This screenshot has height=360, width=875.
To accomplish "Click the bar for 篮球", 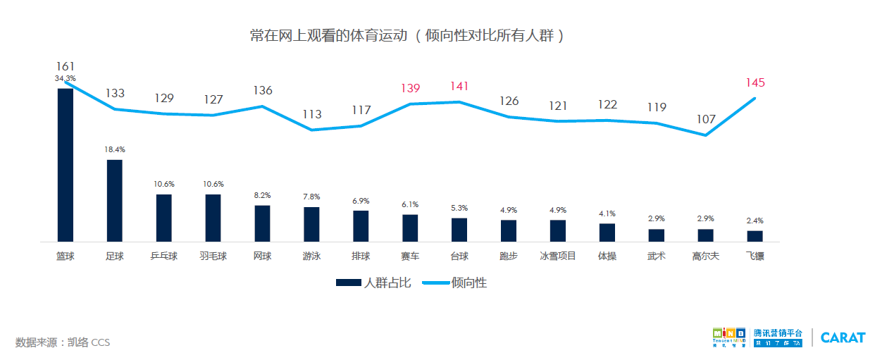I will (65, 165).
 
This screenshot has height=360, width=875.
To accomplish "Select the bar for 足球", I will (114, 201).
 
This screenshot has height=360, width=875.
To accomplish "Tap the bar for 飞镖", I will (755, 236).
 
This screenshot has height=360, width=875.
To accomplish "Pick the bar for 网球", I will (262, 223).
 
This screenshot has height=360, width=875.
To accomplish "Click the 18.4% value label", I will (114, 149).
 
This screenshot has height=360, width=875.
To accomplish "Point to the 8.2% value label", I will (262, 195).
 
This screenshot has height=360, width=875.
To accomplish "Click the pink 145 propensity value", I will (755, 82).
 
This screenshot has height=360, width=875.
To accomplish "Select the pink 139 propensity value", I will (410, 88).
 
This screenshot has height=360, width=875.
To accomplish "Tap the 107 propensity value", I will (705, 119).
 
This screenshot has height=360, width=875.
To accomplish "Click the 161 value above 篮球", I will (65, 66).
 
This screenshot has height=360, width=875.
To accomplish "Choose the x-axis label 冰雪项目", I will (557, 256).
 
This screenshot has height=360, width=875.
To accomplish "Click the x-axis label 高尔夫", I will (705, 256).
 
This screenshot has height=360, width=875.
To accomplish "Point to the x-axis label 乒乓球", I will (163, 256).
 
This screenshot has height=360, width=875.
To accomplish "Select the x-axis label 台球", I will (459, 256).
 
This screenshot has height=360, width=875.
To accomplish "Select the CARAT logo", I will (842, 337).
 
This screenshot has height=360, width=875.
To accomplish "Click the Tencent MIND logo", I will (728, 337).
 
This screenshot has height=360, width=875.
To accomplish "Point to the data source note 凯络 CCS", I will (63, 342).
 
